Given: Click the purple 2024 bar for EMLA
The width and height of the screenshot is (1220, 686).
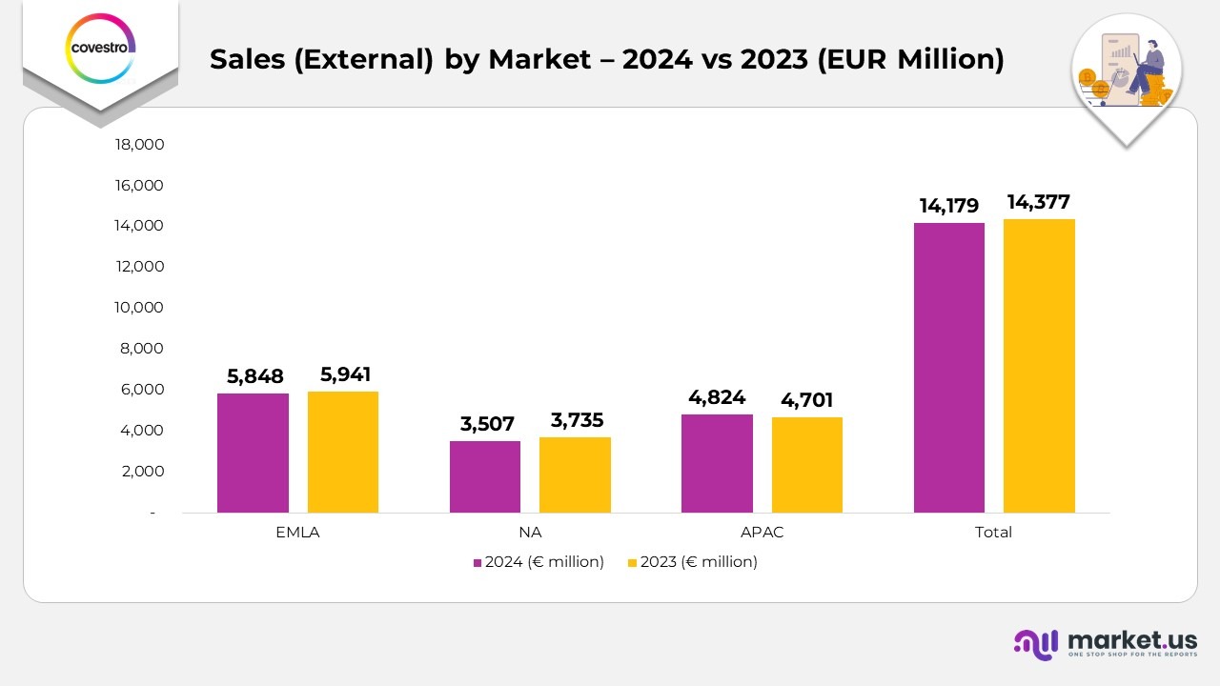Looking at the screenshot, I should coord(253,453).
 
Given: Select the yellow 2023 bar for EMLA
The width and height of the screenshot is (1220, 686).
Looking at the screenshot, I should coord(343,452).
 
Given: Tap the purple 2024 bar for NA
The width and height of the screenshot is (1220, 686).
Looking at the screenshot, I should coord(485,476).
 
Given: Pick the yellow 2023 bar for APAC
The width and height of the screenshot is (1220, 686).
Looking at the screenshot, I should coord(807,465).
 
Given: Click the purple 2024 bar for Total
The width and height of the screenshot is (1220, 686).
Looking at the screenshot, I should coord(949,368).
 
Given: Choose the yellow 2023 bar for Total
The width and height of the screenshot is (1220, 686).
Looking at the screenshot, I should coord(1039,366).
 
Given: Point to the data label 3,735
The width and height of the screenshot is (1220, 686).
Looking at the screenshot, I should coord(577,420).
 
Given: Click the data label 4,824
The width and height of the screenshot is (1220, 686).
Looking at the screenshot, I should coord(717,397).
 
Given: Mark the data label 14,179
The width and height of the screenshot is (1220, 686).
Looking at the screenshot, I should coord(949,206).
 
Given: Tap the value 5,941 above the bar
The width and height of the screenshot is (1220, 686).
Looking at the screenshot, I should coord(345,374).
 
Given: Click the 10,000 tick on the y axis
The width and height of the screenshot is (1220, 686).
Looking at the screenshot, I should coord(140,308).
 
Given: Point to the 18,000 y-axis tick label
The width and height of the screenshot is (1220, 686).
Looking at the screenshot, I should coord(140,144).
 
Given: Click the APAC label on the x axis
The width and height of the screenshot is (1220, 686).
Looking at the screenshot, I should coord(762,533).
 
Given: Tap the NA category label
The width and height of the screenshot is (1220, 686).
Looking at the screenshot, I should coord(530,533).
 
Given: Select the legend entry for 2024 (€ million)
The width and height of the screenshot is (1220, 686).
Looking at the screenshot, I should coord(539,562).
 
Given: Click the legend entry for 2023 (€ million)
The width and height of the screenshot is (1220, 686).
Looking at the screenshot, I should coord(693,562).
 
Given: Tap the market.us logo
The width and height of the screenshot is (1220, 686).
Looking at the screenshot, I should coord(1105,643).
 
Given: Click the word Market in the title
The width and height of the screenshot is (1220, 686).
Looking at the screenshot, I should coord(539,59).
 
